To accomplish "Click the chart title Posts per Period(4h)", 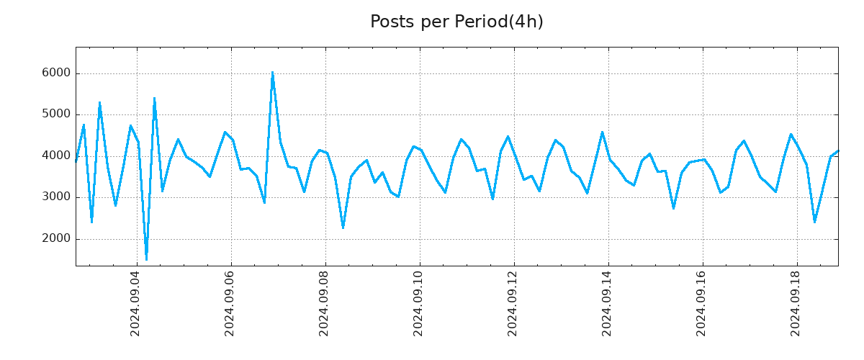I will (x=456, y=22).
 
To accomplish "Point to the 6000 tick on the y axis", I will (x=56, y=73).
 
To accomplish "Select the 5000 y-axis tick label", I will (x=56, y=114).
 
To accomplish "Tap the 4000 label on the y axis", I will (x=56, y=156).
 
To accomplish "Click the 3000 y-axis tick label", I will (x=56, y=197).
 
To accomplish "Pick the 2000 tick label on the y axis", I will (x=56, y=238).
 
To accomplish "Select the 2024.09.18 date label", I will (x=796, y=304).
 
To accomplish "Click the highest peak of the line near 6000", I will (x=272, y=72).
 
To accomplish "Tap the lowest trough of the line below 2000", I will (x=146, y=259).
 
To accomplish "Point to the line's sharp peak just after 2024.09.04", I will (x=154, y=99).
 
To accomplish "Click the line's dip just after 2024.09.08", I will (x=343, y=228).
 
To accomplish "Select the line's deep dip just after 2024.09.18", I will (x=814, y=222).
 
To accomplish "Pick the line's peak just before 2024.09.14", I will (x=603, y=132).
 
